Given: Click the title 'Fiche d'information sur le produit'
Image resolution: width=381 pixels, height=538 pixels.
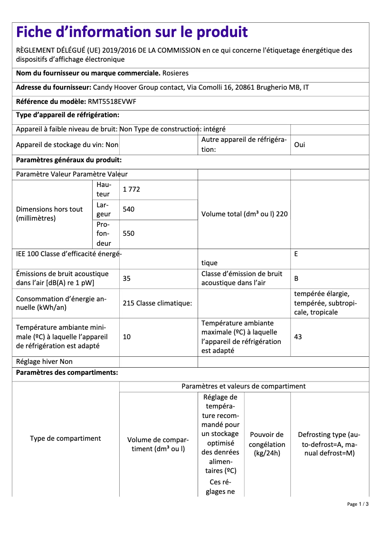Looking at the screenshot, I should click(x=132, y=32).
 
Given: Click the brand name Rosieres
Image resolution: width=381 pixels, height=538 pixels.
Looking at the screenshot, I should click(x=175, y=73).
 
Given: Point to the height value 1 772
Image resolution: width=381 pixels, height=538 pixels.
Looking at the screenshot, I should click(x=132, y=189).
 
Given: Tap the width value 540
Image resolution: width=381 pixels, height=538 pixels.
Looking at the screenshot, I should click(x=129, y=209).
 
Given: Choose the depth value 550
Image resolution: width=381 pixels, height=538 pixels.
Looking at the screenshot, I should click(x=129, y=233).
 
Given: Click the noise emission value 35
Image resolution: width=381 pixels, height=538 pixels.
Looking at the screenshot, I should click(x=127, y=278).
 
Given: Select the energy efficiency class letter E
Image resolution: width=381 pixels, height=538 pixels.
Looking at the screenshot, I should click(x=296, y=254).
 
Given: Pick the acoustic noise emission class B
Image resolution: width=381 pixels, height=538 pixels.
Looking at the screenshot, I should click(x=296, y=278).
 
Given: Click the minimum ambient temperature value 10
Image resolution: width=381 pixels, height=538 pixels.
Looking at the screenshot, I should click(x=127, y=337).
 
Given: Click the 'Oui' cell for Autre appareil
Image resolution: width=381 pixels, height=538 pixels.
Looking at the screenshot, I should click(x=300, y=145).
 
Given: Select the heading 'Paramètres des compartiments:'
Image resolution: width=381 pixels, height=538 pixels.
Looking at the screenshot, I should click(x=67, y=372).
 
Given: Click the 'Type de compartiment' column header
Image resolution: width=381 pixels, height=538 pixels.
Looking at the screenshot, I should click(x=66, y=438).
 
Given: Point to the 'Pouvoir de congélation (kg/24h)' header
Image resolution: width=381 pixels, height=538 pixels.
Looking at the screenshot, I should click(x=267, y=444).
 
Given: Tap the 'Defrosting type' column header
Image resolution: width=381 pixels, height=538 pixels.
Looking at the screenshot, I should click(x=329, y=444).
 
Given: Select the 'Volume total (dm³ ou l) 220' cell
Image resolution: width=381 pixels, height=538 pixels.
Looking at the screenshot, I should click(x=244, y=214).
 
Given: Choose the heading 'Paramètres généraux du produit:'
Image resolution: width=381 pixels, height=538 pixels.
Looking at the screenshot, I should click(x=69, y=160).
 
